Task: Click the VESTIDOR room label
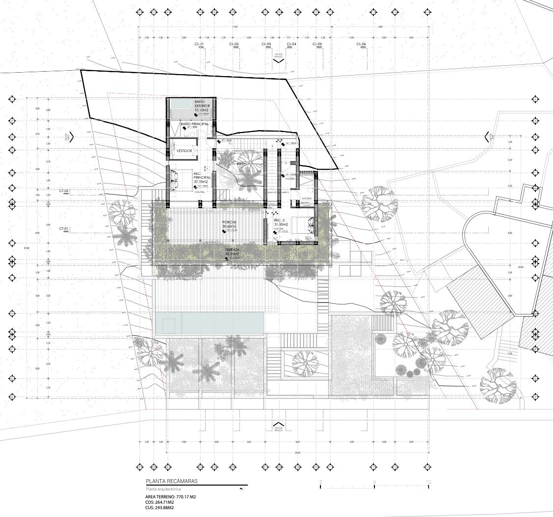[x=184, y=151]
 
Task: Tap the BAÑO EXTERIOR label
[x=202, y=106]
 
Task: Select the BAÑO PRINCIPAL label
[x=195, y=124]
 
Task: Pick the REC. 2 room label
[x=280, y=220]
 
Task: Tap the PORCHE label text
[x=230, y=222]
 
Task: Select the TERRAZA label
[x=232, y=250]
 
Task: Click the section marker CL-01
[x=199, y=44]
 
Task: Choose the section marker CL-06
[x=361, y=44]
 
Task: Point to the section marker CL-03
[x=266, y=44]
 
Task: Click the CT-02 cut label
[x=64, y=190]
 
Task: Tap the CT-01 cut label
[x=64, y=228]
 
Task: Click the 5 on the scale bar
[x=374, y=482]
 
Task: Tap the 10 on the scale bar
[x=429, y=482]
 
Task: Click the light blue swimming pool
[x=209, y=323]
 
